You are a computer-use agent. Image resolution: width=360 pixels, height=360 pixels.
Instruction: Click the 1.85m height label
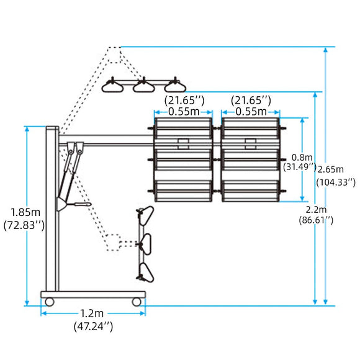click(25, 212)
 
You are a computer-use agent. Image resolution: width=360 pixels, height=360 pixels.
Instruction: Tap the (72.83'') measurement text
click(24, 225)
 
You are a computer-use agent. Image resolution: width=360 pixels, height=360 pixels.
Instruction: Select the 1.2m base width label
click(92, 313)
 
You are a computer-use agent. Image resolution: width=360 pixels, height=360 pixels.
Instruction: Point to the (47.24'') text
click(93, 326)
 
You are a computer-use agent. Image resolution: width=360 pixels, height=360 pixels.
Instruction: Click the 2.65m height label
click(331, 169)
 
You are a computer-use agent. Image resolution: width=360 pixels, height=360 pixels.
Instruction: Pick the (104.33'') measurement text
click(336, 182)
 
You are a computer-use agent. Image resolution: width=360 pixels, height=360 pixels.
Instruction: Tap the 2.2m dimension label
click(316, 210)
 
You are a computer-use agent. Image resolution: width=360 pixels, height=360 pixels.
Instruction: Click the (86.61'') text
click(316, 220)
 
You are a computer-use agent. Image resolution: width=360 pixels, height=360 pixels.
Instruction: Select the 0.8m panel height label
click(302, 158)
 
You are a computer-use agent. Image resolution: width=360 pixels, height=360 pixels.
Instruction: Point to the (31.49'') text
click(299, 167)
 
